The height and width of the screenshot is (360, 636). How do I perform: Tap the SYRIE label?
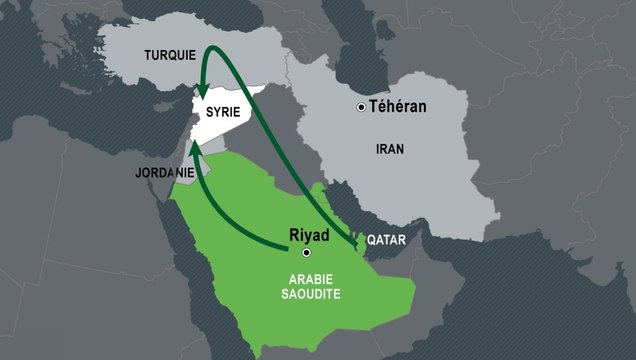(222, 113)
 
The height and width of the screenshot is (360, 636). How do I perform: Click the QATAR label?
(389, 241)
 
